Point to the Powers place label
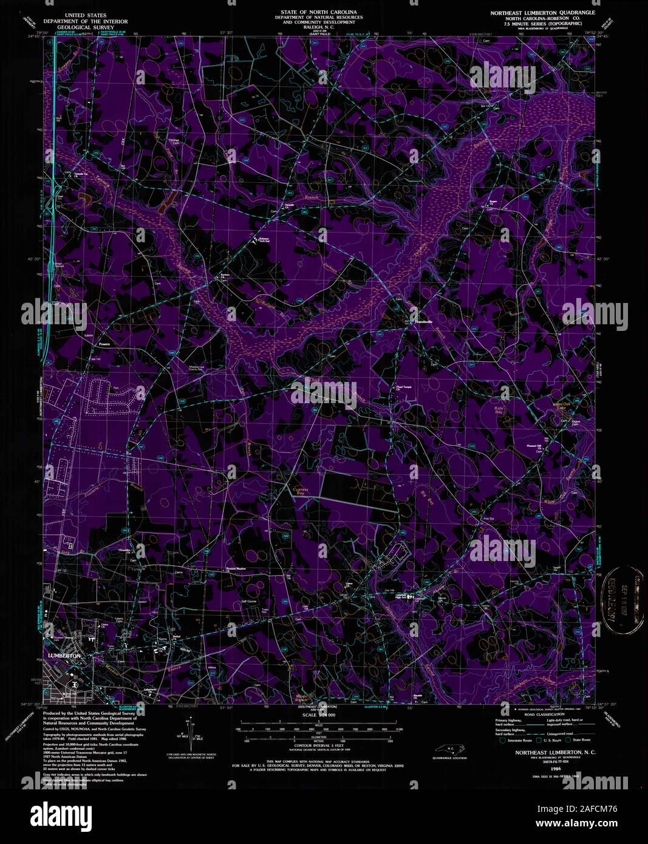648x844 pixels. click(x=98, y=344)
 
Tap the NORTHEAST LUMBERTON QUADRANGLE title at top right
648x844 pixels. click(x=543, y=12)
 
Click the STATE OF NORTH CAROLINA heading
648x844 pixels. click(x=318, y=12)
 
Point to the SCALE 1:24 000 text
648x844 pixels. click(x=318, y=715)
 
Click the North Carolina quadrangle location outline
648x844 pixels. click(x=448, y=749)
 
